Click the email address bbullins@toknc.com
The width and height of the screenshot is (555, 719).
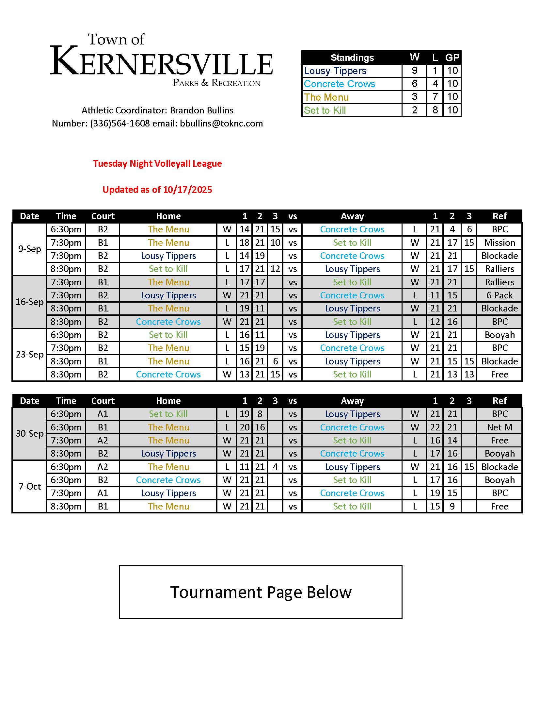point(221,124)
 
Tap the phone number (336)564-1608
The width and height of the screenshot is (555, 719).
point(120,124)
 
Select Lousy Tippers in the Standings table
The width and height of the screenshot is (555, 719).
point(335,71)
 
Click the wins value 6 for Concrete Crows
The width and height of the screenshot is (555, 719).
point(414,84)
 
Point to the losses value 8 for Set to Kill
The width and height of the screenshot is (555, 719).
point(435,110)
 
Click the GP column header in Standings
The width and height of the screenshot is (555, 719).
point(452,58)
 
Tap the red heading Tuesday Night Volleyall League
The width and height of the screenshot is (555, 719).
point(157,164)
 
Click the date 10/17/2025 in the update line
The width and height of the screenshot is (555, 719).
point(187,190)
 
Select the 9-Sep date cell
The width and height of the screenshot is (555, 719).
point(30,249)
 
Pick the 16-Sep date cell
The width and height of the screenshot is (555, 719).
point(30,302)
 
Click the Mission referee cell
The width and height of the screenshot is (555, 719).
point(499,242)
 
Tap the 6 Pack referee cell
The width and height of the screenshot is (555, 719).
point(499,295)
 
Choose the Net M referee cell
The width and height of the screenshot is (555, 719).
point(499,427)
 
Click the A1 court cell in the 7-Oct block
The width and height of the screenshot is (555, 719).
point(103,493)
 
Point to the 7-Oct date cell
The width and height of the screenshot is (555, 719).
point(30,487)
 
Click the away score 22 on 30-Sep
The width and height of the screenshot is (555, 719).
point(435,427)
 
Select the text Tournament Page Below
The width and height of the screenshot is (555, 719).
point(261,592)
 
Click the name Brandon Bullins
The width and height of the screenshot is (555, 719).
point(201,110)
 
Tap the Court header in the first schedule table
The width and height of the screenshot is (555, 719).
point(103,216)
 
